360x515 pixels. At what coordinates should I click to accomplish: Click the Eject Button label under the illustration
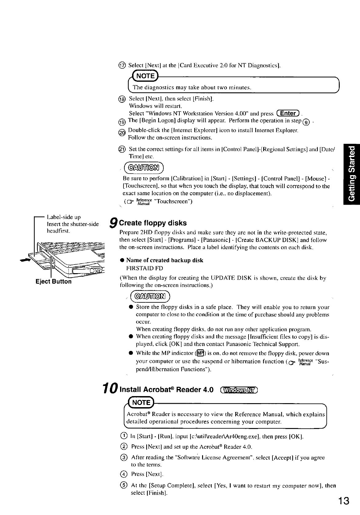point(53,281)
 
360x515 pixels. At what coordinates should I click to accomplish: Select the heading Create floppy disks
point(153,223)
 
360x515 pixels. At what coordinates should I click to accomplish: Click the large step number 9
point(114,223)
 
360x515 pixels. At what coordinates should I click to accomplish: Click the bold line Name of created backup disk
point(165,260)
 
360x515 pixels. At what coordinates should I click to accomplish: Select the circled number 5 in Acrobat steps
point(123,486)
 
